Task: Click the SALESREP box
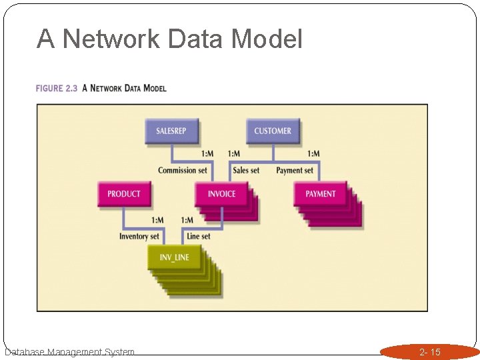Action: click(171, 131)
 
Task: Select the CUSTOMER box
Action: click(273, 131)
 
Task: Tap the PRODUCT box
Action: click(124, 193)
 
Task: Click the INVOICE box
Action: click(221, 193)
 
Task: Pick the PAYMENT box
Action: click(321, 193)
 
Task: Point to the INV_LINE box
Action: click(174, 257)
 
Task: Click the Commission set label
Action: click(183, 171)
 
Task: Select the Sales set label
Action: click(246, 171)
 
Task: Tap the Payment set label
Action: click(295, 171)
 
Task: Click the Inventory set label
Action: click(139, 236)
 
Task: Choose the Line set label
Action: click(199, 236)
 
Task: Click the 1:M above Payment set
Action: click(313, 154)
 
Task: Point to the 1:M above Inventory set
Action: click(157, 220)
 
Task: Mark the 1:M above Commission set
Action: click(207, 154)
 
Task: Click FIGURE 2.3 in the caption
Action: click(57, 89)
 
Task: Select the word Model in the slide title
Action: click(267, 39)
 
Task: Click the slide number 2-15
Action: click(429, 352)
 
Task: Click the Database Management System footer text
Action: click(69, 352)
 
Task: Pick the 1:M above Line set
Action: click(187, 220)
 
